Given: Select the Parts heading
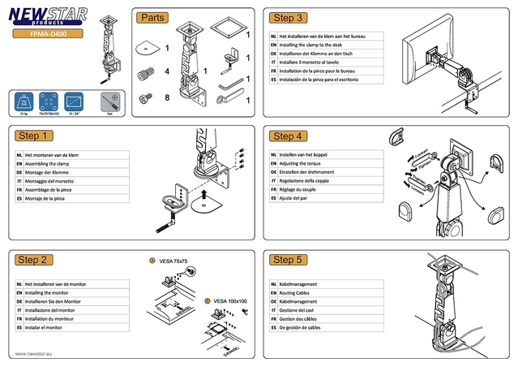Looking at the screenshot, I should [x=153, y=17].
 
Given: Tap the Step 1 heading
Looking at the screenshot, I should [x=35, y=136].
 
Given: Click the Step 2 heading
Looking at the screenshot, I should [x=35, y=260].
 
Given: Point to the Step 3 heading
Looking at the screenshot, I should [x=289, y=17].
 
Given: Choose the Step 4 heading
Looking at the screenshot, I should [x=289, y=136].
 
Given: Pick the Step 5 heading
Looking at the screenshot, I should [x=289, y=260].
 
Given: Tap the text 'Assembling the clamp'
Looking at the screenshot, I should [x=51, y=163].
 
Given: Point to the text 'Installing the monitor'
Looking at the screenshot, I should [x=51, y=292].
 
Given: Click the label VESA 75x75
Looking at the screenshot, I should [x=173, y=261].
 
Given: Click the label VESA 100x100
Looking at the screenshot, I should [x=230, y=301].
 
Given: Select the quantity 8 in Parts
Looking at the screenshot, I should [x=166, y=98].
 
